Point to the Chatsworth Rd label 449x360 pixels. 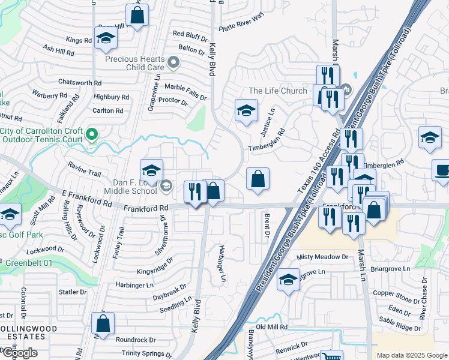pos(80,83)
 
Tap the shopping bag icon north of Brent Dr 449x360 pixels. pos(258,179)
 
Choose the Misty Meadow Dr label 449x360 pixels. pos(323,257)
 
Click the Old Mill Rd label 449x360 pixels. pos(273,327)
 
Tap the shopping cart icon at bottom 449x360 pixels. pos(331,357)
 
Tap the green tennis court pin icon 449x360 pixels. pos(91,134)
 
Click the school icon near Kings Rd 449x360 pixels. pos(106,38)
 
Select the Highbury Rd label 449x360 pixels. pos(112,96)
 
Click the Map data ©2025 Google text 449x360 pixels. pos(412,355)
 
